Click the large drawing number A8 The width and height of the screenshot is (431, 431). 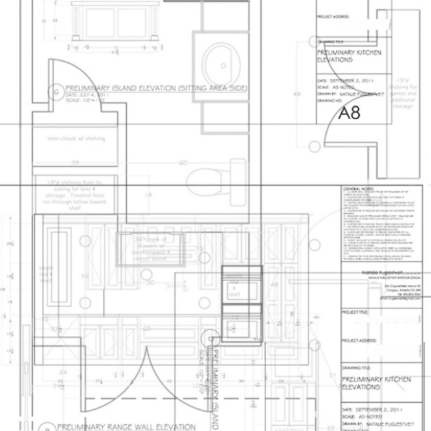(349, 112)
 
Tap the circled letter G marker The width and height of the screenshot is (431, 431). (56, 92)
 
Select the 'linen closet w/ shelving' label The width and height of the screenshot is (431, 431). (77, 138)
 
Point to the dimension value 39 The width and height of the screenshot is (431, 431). (74, 163)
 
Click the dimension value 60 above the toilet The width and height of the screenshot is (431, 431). (183, 163)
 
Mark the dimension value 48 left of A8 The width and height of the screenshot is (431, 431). (297, 94)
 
